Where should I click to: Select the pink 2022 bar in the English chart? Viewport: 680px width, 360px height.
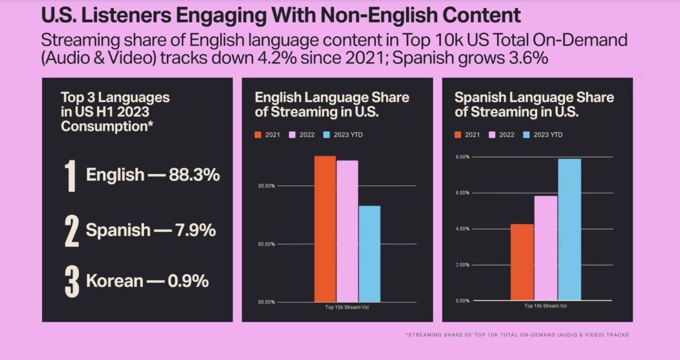(347, 231)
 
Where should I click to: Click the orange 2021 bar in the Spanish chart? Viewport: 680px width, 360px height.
(522, 262)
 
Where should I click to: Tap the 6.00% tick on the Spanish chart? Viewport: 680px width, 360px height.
(461, 193)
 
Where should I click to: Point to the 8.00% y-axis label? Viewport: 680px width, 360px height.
(461, 157)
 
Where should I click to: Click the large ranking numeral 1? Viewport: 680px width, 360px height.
(71, 176)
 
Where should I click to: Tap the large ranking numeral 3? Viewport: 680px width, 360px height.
(72, 282)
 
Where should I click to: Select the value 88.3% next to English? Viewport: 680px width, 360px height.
(194, 175)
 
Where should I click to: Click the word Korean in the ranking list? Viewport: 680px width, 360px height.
(114, 281)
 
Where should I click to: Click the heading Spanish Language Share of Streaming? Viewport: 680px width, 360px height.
(534, 104)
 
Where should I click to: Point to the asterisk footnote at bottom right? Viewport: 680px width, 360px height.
(517, 335)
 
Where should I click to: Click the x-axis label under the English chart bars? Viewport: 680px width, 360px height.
(347, 307)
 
